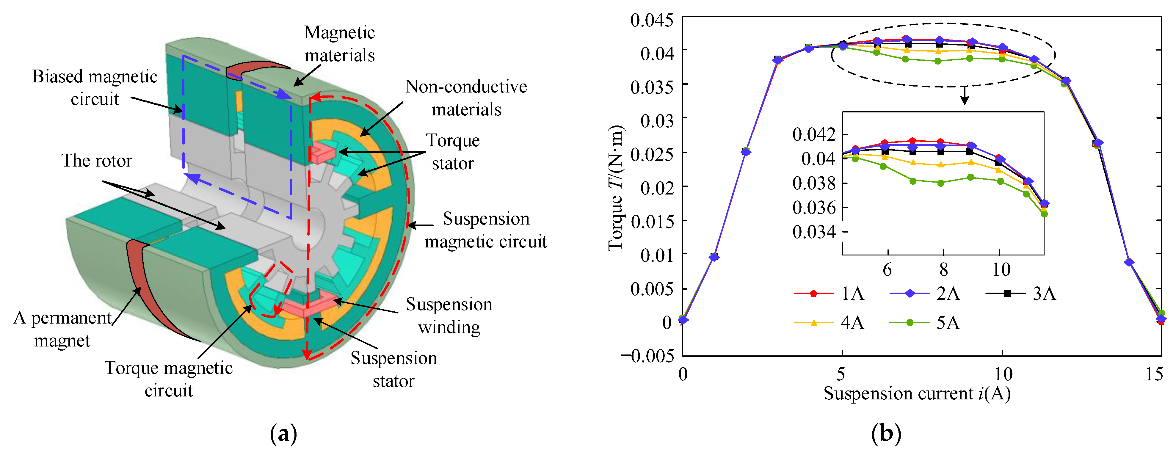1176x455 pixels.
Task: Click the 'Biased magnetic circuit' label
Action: point(95,88)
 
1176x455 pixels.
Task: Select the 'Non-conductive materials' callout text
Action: point(466,98)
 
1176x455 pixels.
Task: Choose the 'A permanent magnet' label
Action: point(62,329)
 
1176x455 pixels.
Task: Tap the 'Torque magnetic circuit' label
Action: point(168,379)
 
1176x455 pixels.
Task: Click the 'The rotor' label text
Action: point(96,161)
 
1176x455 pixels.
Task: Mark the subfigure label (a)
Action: point(283,434)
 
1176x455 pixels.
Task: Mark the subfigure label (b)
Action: point(886,434)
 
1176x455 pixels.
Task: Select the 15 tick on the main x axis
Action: point(1154,374)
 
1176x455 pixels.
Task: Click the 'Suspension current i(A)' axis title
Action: point(917,393)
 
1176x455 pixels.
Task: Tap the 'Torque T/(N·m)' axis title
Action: point(616,187)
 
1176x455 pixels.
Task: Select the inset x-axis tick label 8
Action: point(943,270)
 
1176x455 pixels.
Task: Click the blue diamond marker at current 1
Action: point(714,258)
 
